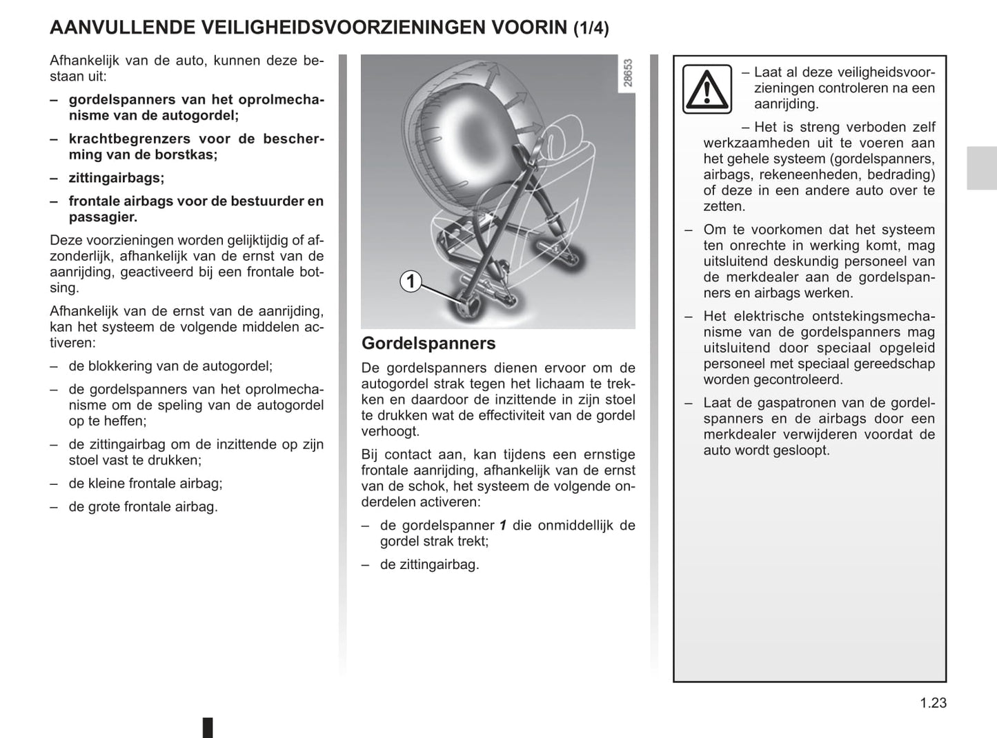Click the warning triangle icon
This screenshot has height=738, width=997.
click(707, 89)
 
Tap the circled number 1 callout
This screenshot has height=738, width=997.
click(411, 281)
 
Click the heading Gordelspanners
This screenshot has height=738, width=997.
click(428, 343)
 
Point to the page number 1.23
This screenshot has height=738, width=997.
click(933, 703)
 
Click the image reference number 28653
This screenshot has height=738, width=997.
click(627, 74)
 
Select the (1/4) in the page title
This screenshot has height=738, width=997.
click(591, 28)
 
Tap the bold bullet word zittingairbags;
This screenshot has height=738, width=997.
click(117, 178)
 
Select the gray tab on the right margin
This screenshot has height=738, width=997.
click(981, 168)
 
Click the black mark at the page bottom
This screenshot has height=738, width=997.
click(207, 728)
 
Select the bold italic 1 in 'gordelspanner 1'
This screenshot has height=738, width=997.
click(503, 525)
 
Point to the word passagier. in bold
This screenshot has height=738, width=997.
click(103, 217)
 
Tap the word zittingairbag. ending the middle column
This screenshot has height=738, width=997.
click(429, 564)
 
